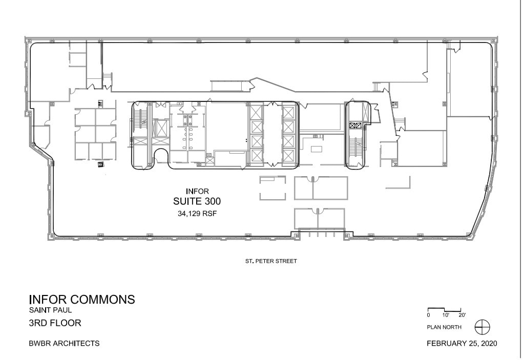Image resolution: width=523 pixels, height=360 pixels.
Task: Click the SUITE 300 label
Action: click(x=197, y=202)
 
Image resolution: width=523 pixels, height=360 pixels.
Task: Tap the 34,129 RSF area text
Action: click(x=197, y=215)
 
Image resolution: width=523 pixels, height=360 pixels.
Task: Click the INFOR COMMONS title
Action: click(x=82, y=300)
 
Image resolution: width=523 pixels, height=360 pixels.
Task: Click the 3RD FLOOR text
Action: click(x=55, y=323)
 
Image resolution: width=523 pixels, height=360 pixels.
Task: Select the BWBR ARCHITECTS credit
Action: click(x=64, y=343)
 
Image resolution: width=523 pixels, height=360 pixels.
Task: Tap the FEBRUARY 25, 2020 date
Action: click(x=462, y=343)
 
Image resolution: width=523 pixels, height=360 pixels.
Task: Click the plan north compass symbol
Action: click(x=482, y=326)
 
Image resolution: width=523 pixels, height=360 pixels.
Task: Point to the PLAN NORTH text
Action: click(x=444, y=327)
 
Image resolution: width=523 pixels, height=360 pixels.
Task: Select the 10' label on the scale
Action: click(x=446, y=315)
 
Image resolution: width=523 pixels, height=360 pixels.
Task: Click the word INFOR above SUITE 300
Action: click(x=197, y=192)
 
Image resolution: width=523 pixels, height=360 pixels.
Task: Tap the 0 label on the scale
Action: click(x=429, y=315)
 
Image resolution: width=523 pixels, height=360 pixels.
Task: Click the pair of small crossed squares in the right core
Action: click(x=355, y=125)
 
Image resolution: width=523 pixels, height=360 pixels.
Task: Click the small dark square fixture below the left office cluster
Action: click(x=100, y=164)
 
